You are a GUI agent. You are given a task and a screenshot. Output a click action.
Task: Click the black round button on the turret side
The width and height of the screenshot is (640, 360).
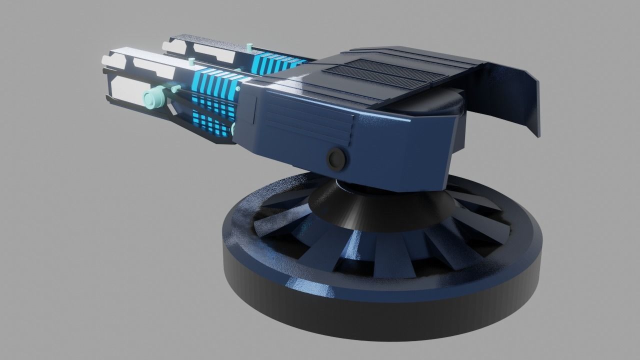tap(337, 158)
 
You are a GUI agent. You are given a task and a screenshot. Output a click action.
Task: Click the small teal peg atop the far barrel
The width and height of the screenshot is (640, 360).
tap(249, 47)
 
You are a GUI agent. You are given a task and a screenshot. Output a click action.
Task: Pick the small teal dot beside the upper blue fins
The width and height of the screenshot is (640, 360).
tap(238, 89)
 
